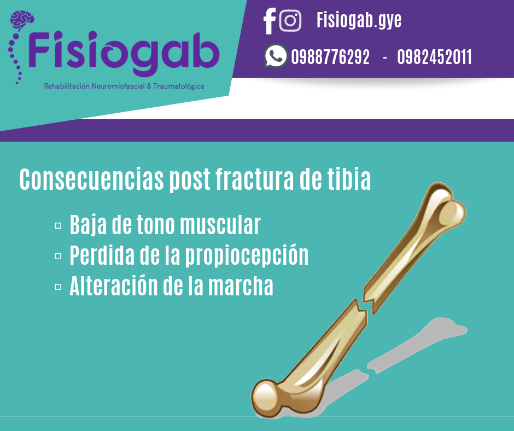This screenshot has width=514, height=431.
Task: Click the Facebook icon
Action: click(270, 21)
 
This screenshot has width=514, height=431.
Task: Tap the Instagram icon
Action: click(290, 21)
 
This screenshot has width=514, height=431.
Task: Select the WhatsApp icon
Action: click(276, 56)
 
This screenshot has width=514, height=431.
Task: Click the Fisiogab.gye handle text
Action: click(359, 20)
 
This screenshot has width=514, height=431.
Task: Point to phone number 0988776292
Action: click(330, 57)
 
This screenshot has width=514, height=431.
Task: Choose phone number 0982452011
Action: click(434, 57)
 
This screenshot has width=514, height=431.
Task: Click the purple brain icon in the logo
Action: click(22, 20)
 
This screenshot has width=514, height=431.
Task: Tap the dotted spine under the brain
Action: click(14, 58)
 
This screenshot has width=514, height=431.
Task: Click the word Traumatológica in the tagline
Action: click(178, 86)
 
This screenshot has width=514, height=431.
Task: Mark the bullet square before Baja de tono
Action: click(58, 226)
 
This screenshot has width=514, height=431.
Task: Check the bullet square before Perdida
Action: click(58, 256)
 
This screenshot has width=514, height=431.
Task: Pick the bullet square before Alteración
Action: click(58, 287)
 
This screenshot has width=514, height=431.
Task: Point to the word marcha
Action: click(241, 286)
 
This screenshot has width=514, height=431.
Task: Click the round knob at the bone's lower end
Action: click(266, 398)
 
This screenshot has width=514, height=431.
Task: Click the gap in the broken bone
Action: click(365, 307)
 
